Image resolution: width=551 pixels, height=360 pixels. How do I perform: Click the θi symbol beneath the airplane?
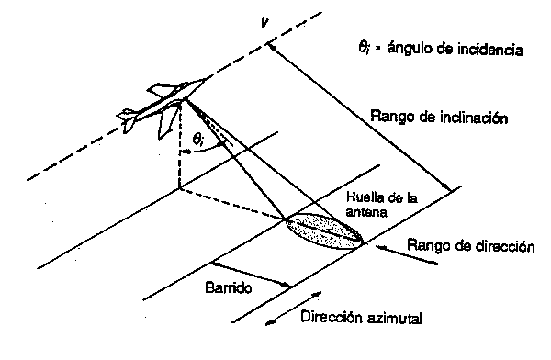click(198, 140)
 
